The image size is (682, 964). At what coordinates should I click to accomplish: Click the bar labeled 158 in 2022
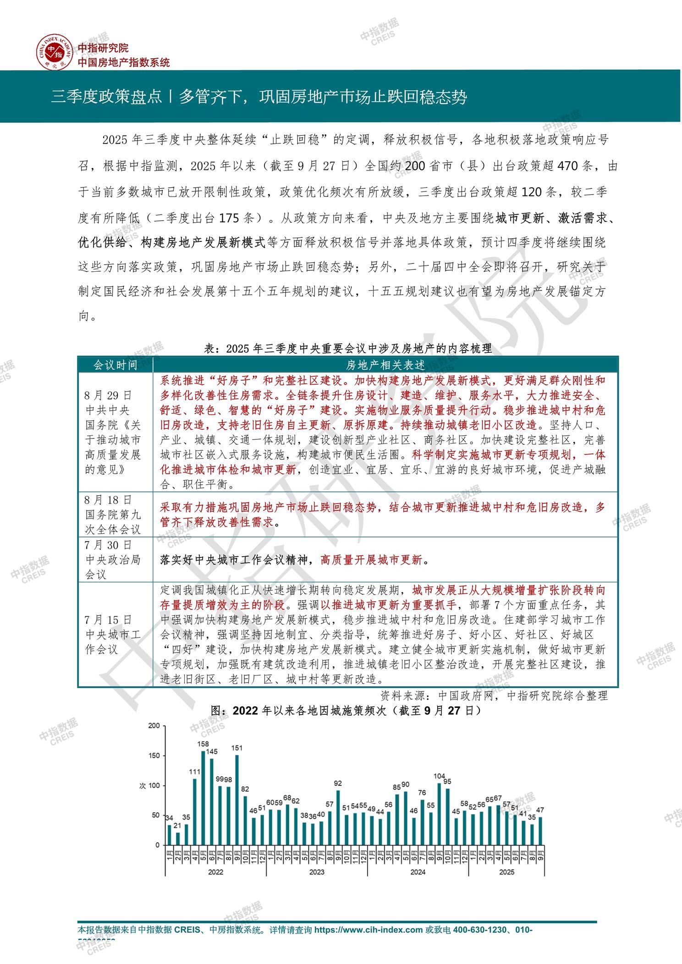coord(203,798)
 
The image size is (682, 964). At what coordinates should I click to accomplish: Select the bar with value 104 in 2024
coord(439,814)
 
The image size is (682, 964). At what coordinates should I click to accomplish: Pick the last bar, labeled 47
coord(540,831)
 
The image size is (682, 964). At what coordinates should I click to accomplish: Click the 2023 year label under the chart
coord(317,871)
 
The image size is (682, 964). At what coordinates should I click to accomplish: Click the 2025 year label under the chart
coord(506,871)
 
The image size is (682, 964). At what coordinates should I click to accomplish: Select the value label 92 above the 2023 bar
coord(338,783)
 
